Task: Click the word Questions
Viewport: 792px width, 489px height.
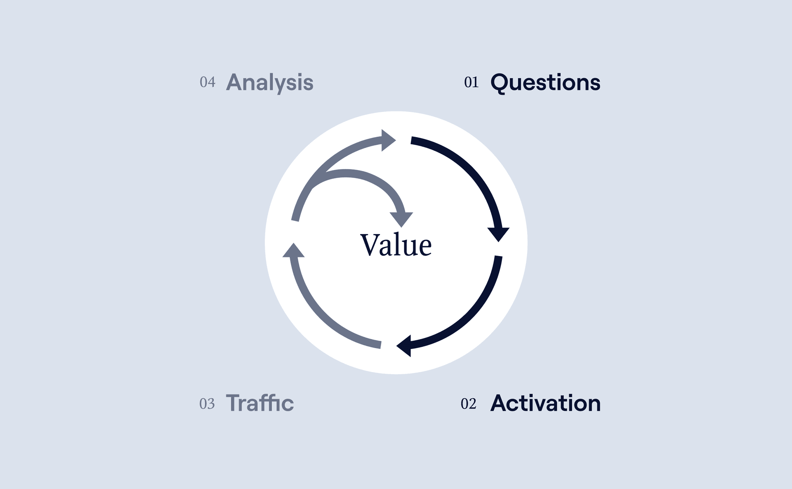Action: [x=545, y=83]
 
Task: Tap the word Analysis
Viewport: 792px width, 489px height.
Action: [x=270, y=83]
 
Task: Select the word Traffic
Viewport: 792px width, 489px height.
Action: [x=260, y=403]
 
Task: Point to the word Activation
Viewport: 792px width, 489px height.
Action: [x=545, y=403]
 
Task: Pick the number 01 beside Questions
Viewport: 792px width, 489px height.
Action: [x=471, y=82]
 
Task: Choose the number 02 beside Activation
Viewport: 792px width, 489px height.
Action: [x=469, y=404]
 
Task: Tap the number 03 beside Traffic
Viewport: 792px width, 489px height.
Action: [x=207, y=404]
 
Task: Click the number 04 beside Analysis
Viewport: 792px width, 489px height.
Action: [x=207, y=82]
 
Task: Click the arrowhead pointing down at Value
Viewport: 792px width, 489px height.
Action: [x=401, y=219]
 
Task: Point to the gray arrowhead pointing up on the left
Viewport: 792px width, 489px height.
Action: [x=293, y=250]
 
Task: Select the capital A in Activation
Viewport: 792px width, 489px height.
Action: [x=499, y=403]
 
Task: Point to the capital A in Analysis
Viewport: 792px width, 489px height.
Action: [x=235, y=82]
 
